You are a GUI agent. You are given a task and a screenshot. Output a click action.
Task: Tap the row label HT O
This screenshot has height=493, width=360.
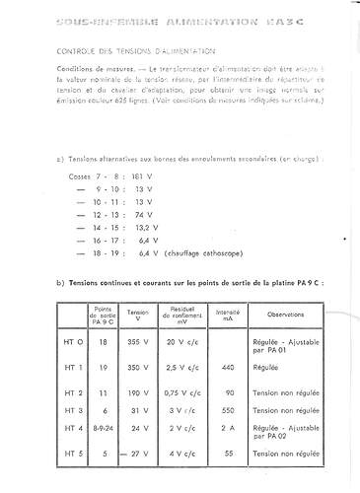61,340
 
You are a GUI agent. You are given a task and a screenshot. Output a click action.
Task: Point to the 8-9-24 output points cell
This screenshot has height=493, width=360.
103,429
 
